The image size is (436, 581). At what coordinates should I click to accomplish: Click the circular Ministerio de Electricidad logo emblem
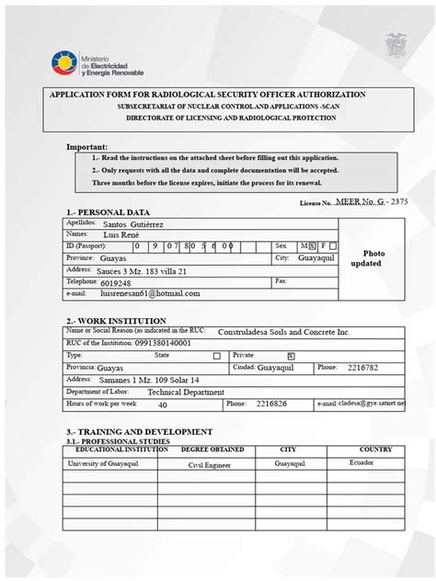(65, 64)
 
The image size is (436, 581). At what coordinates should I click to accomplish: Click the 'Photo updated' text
(373, 257)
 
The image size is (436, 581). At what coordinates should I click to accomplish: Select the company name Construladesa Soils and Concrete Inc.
(283, 331)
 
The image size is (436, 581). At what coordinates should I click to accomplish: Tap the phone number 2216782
(361, 367)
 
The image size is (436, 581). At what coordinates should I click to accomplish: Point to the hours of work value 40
(163, 404)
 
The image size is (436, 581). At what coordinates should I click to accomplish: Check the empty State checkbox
(217, 355)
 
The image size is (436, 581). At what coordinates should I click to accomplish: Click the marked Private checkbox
(291, 355)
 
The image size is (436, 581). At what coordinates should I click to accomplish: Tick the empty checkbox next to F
(333, 245)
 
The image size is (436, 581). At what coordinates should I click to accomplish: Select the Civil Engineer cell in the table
(212, 465)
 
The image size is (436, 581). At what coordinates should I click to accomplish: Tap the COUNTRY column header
(375, 450)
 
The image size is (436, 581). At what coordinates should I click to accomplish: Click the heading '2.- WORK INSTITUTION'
(116, 321)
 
